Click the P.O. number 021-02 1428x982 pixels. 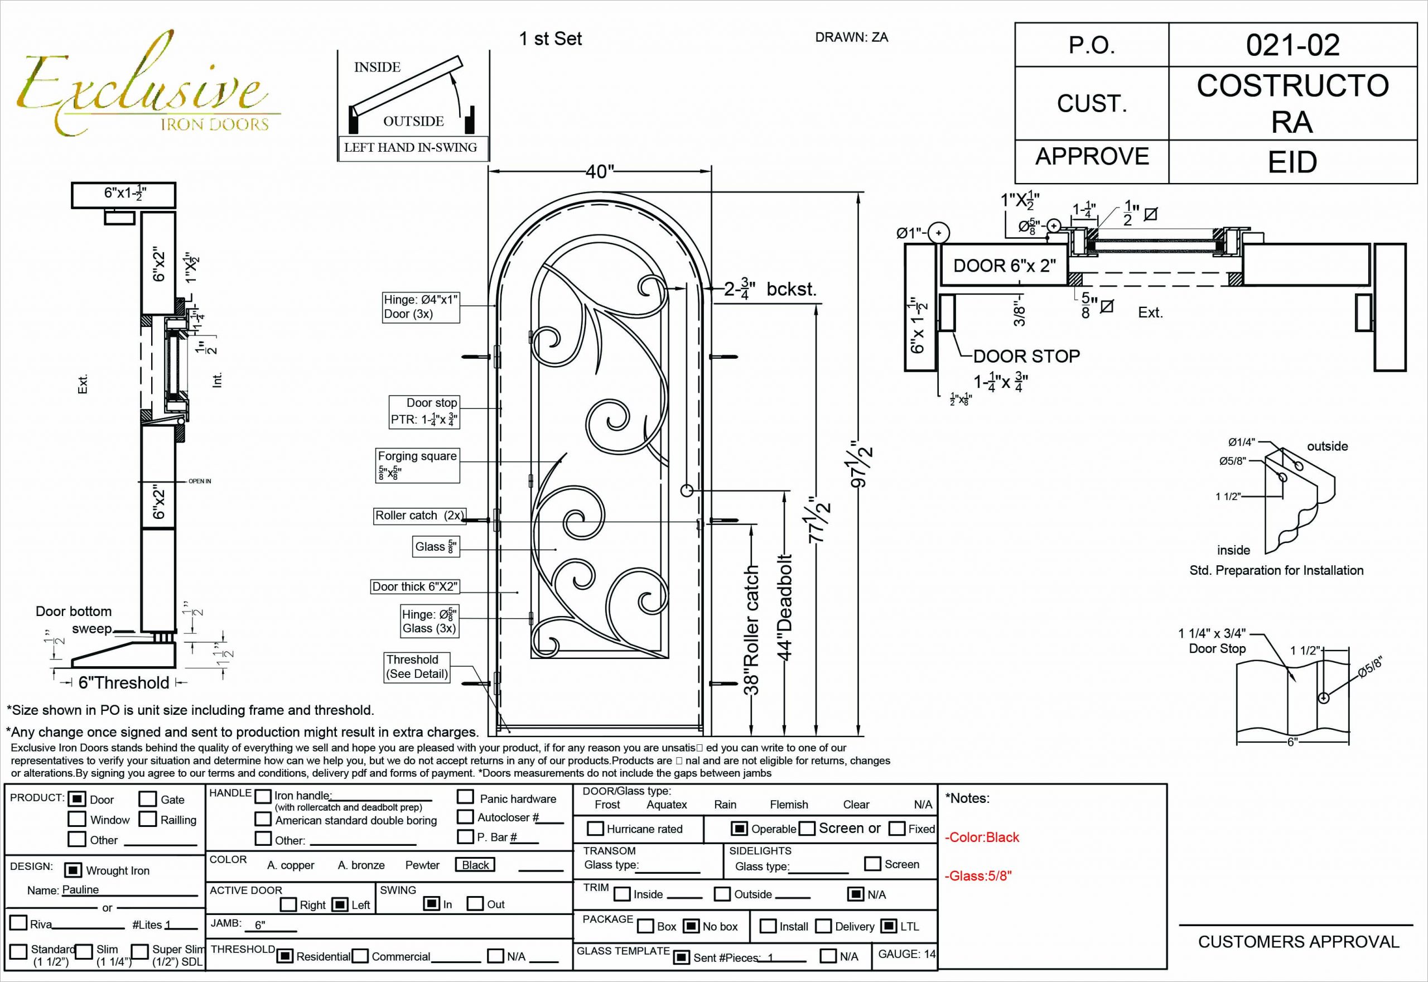1292,45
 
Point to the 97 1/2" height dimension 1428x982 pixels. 860,465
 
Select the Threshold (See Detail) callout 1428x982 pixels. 416,666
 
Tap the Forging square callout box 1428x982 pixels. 418,465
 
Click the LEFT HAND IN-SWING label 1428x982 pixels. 410,147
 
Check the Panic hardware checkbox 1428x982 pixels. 465,797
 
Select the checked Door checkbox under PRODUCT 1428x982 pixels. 76,798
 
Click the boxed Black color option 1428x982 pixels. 475,864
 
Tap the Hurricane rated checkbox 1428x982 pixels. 595,828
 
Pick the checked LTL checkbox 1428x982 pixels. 888,926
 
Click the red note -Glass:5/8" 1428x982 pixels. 978,875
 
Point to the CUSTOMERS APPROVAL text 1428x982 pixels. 1298,941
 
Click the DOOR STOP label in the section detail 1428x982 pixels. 1026,355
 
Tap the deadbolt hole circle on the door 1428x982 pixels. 687,490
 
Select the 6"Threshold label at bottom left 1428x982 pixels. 124,682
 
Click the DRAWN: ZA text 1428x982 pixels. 851,37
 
